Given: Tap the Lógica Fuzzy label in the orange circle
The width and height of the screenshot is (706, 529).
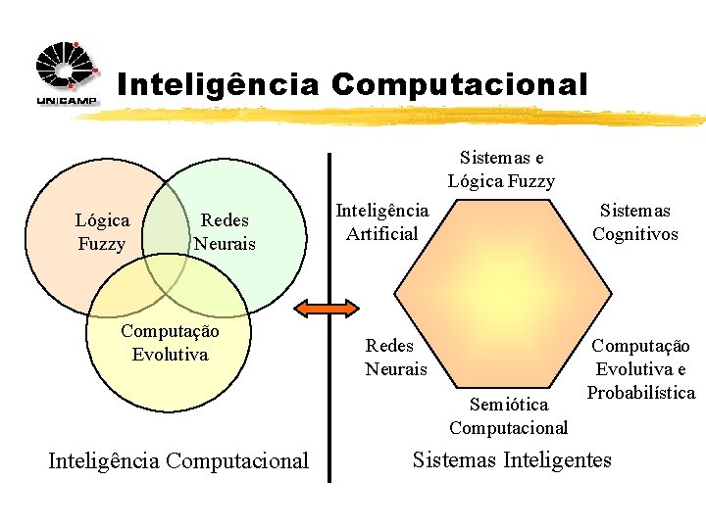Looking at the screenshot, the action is pyautogui.click(x=102, y=232).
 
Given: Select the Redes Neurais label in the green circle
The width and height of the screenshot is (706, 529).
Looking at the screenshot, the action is pyautogui.click(x=225, y=232).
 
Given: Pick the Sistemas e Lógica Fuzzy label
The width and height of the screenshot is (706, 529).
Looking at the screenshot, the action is pyautogui.click(x=501, y=169).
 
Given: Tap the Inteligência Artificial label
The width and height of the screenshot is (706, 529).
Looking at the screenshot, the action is pyautogui.click(x=381, y=221).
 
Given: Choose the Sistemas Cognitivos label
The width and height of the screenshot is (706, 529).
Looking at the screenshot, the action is pyautogui.click(x=634, y=221).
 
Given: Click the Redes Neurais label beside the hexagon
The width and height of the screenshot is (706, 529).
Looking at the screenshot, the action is pyautogui.click(x=396, y=357).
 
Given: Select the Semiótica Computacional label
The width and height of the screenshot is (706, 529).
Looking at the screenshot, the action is pyautogui.click(x=508, y=416).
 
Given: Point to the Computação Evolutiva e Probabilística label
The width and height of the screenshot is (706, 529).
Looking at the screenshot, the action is pyautogui.click(x=642, y=369).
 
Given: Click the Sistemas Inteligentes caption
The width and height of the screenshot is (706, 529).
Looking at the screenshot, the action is pyautogui.click(x=512, y=459).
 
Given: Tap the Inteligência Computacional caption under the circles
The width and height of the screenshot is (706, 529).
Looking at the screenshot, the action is pyautogui.click(x=178, y=460).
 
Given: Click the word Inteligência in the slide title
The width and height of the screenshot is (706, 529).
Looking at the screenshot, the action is pyautogui.click(x=218, y=84).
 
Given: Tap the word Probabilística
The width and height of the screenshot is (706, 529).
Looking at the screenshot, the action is pyautogui.click(x=641, y=393).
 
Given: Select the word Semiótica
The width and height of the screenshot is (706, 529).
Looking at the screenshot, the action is pyautogui.click(x=509, y=405).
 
